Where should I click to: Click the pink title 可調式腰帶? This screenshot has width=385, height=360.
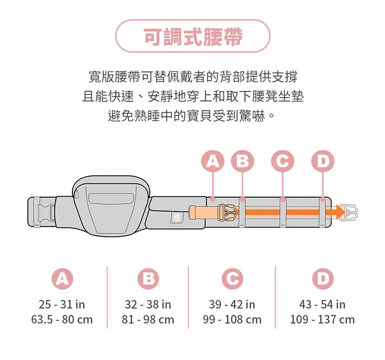tap(193, 36)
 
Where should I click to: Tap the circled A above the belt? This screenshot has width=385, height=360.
tap(213, 161)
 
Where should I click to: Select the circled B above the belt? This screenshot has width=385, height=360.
tap(242, 161)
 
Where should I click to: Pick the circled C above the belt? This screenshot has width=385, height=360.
tap(282, 161)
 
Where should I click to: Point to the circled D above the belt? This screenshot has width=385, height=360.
tap(323, 161)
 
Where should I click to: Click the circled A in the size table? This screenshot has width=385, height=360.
tap(62, 279)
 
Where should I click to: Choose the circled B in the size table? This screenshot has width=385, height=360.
tap(148, 279)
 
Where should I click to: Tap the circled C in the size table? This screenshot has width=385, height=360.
tap(232, 279)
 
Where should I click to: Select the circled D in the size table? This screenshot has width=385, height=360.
tap(323, 279)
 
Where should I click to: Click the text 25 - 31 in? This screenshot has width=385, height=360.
tap(62, 305)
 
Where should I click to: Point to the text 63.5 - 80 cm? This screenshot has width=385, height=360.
tap(62, 320)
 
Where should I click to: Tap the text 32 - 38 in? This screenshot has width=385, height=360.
tap(148, 305)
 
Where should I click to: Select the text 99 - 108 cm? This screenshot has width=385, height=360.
tap(232, 320)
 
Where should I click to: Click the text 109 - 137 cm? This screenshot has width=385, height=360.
tap(322, 320)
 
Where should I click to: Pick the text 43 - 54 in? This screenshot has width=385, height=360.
tap(322, 305)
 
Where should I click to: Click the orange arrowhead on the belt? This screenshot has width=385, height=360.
tap(341, 212)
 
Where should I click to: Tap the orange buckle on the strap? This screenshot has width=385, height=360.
tap(226, 213)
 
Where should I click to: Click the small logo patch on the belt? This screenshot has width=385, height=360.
tap(177, 217)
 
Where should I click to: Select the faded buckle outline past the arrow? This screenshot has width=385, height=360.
tap(349, 212)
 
